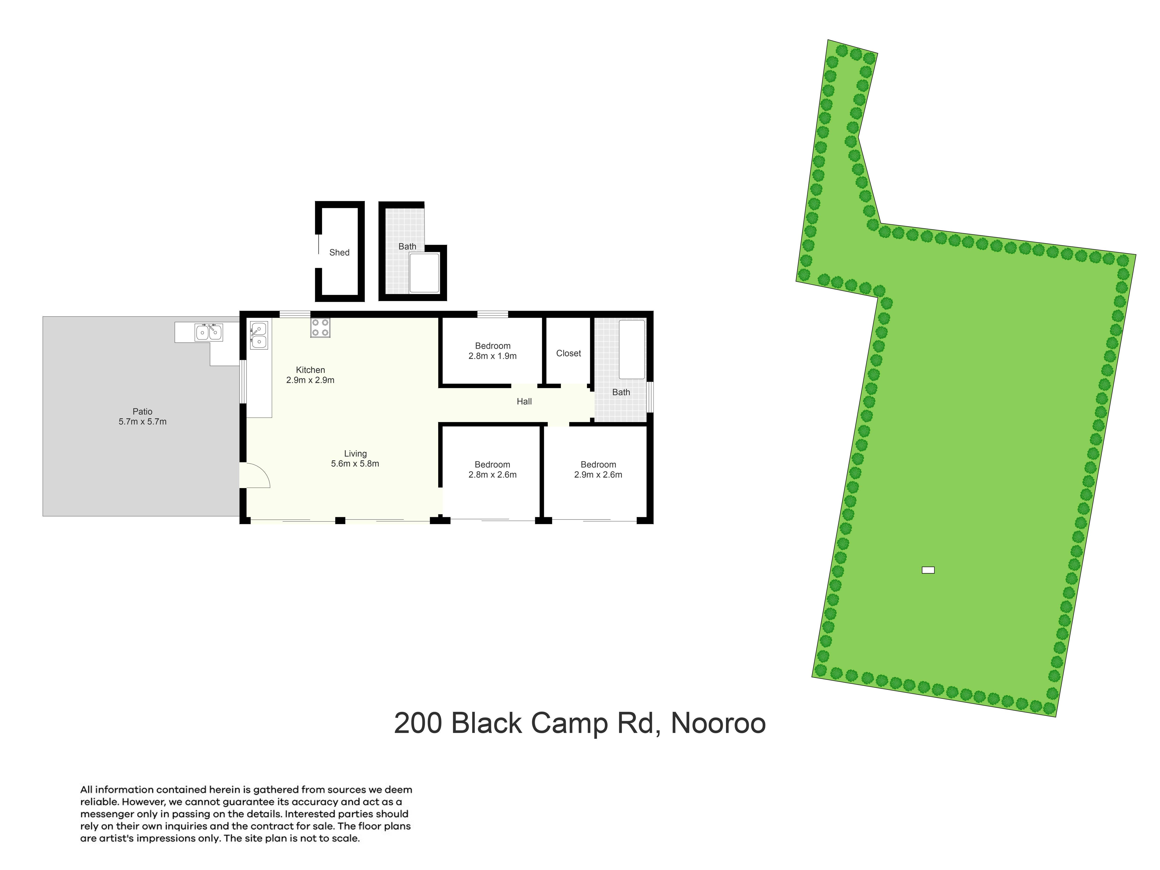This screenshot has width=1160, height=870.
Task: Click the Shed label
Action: coord(339,252)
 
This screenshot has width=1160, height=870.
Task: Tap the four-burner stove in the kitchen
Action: coord(320,328)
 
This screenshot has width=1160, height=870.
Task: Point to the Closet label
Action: coord(569,353)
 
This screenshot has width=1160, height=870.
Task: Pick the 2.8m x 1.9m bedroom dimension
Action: coord(492,356)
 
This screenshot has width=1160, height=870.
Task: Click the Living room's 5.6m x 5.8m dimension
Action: coord(355,463)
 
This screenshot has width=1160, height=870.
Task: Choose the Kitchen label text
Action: coord(311,370)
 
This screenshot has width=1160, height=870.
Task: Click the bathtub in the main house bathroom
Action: coord(632,349)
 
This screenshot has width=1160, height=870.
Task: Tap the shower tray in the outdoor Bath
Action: coord(424,273)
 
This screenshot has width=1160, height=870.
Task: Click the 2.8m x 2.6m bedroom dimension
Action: coord(492,474)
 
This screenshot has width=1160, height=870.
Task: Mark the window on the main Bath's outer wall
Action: coord(650,397)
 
